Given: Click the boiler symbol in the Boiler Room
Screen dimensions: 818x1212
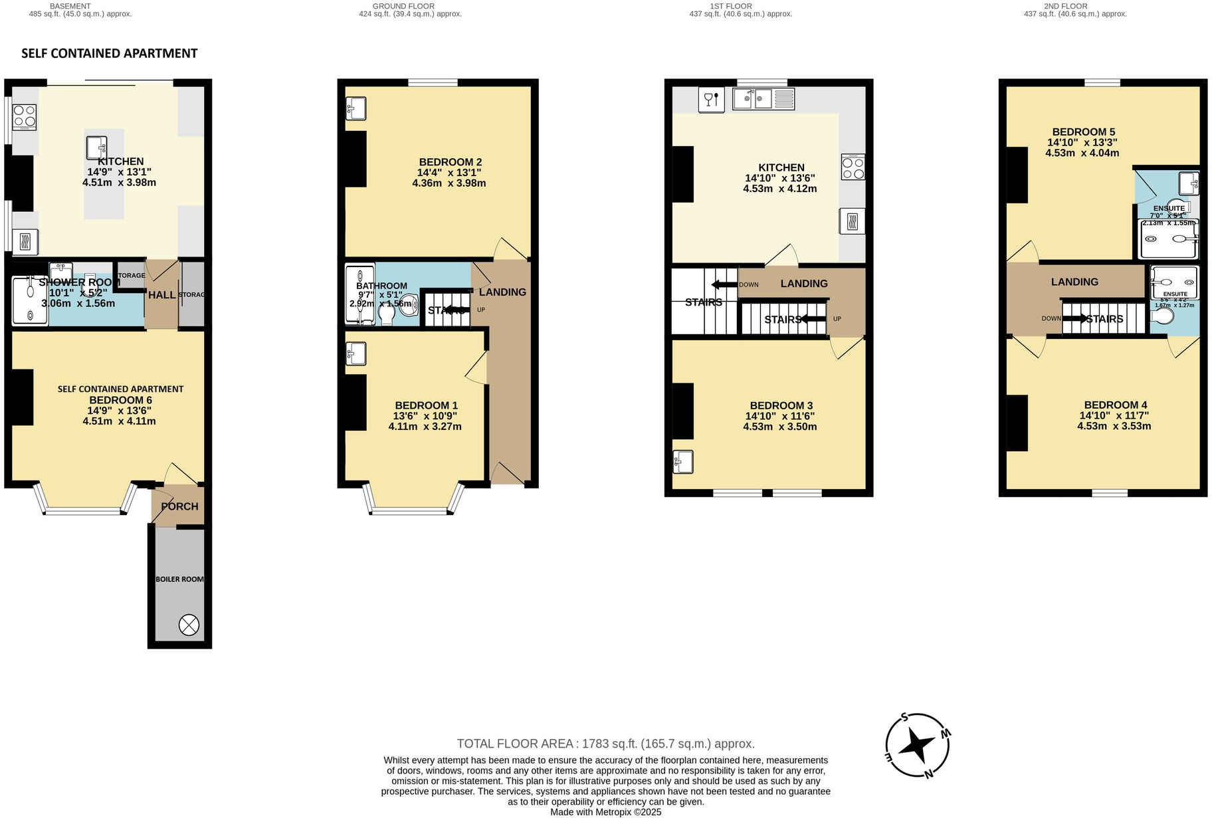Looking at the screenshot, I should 189,625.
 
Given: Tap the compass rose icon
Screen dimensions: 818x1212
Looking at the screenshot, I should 917,746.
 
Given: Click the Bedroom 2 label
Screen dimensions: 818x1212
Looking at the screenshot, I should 450,162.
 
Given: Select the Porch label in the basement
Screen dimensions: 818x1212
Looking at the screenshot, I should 179,506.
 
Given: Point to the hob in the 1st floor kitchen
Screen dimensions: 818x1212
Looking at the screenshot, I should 853,167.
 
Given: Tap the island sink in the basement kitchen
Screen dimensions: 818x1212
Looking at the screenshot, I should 96,147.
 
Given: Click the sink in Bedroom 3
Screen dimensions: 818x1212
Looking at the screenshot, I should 683,461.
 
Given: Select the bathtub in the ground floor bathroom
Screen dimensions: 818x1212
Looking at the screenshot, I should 359,295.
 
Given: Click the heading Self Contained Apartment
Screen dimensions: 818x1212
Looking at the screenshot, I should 110,54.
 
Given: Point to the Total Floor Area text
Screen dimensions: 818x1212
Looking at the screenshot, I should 605,744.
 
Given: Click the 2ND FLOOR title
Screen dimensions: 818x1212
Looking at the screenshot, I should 1074,6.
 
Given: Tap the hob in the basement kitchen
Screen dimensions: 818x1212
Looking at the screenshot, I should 25,118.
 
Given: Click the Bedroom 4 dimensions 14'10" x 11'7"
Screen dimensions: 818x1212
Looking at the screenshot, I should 1114,415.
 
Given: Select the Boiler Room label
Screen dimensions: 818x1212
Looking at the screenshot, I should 179,579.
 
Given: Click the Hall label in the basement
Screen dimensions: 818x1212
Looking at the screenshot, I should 161,295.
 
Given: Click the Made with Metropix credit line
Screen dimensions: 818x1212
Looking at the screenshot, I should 605,812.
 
